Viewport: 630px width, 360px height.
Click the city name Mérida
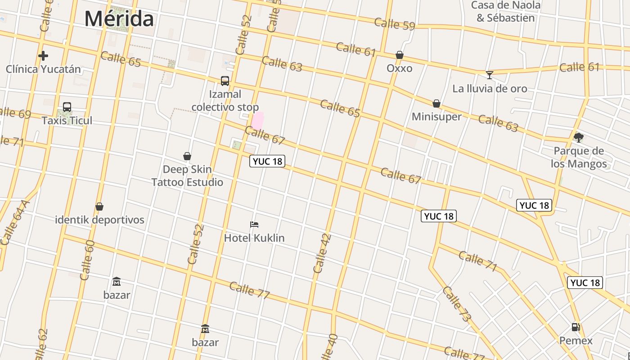tap(119, 19)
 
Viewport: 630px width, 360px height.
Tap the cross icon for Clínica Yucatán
tap(43, 56)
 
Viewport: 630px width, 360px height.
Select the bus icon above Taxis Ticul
tap(67, 107)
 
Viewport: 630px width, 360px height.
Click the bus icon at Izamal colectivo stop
tap(225, 81)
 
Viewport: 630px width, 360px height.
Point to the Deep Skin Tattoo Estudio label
tap(187, 176)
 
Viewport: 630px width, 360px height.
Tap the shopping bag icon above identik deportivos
tap(99, 207)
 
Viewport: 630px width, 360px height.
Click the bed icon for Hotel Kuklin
tap(254, 224)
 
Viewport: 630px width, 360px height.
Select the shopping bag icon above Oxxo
tap(400, 55)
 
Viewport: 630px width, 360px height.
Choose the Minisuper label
tap(436, 117)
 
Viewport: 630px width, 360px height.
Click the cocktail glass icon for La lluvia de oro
tap(490, 75)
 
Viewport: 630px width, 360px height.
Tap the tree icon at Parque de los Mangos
tap(579, 137)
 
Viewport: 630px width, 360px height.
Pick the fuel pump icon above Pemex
tap(576, 327)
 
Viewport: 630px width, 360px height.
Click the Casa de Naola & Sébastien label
tap(506, 12)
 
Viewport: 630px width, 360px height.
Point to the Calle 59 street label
tap(394, 24)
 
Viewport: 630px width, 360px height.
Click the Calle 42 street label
tap(322, 253)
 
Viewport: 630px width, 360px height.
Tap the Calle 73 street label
tap(456, 304)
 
